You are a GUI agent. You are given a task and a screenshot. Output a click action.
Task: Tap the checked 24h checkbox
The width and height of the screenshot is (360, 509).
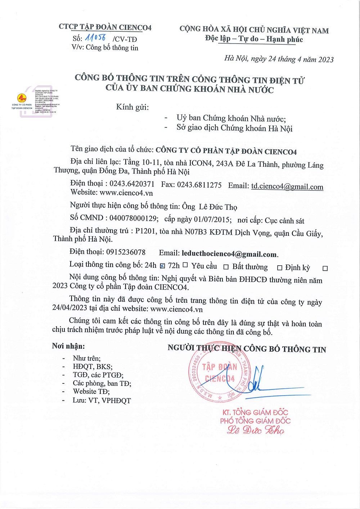click(162, 266)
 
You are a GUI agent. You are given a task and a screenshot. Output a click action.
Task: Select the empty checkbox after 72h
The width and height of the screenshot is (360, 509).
click(185, 265)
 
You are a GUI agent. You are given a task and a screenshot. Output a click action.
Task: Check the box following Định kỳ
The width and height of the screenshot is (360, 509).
click(325, 269)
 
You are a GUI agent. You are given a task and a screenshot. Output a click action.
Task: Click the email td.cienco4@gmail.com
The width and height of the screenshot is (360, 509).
click(287, 186)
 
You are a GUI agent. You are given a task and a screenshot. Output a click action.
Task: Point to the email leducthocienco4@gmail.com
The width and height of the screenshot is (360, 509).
click(229, 254)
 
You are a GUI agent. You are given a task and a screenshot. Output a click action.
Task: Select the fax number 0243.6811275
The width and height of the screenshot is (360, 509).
click(199, 185)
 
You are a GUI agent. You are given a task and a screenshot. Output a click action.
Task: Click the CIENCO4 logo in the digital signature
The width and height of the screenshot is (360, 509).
click(22, 98)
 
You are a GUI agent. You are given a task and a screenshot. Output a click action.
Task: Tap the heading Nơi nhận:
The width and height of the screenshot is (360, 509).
click(68, 346)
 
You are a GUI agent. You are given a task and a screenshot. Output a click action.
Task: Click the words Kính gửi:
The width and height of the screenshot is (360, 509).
click(132, 107)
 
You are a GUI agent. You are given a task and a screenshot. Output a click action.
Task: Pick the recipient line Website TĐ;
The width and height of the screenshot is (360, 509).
click(91, 392)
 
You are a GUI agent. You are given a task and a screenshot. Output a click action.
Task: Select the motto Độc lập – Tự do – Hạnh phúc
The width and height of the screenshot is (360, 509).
click(254, 39)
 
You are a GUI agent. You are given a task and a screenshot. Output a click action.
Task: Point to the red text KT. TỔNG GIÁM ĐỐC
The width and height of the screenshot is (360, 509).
click(255, 413)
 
